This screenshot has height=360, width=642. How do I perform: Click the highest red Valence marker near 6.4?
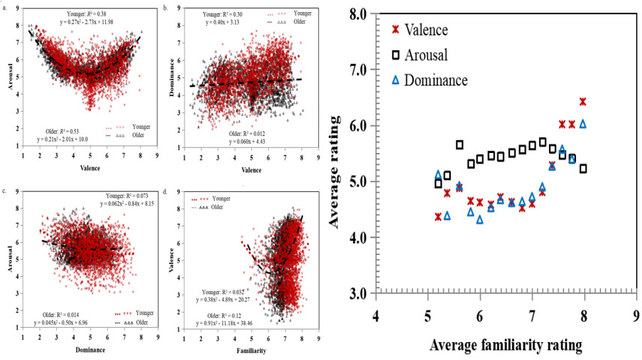[583, 101]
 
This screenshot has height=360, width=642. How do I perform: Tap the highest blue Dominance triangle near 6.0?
[583, 124]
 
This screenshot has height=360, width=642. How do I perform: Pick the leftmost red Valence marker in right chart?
[438, 217]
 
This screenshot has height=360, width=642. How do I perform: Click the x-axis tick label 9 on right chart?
[636, 316]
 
